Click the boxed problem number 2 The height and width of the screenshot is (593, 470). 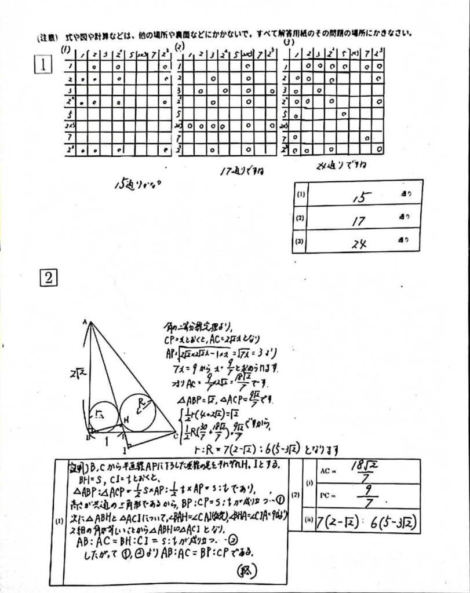[48, 279]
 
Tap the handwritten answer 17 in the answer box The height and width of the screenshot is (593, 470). [362, 220]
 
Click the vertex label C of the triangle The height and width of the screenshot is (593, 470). [176, 435]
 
